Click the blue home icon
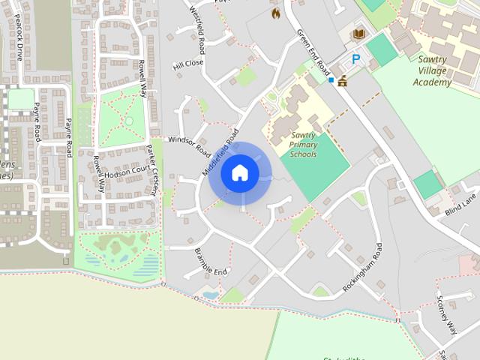tap(240, 172)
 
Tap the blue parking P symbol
tap(356, 58)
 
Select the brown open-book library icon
tap(359, 34)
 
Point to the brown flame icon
tap(275, 13)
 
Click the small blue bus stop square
tap(331, 79)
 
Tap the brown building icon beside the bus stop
tap(343, 80)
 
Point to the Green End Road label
tap(313, 51)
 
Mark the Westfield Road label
tap(197, 31)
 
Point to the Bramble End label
tap(211, 260)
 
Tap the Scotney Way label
tap(446, 315)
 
